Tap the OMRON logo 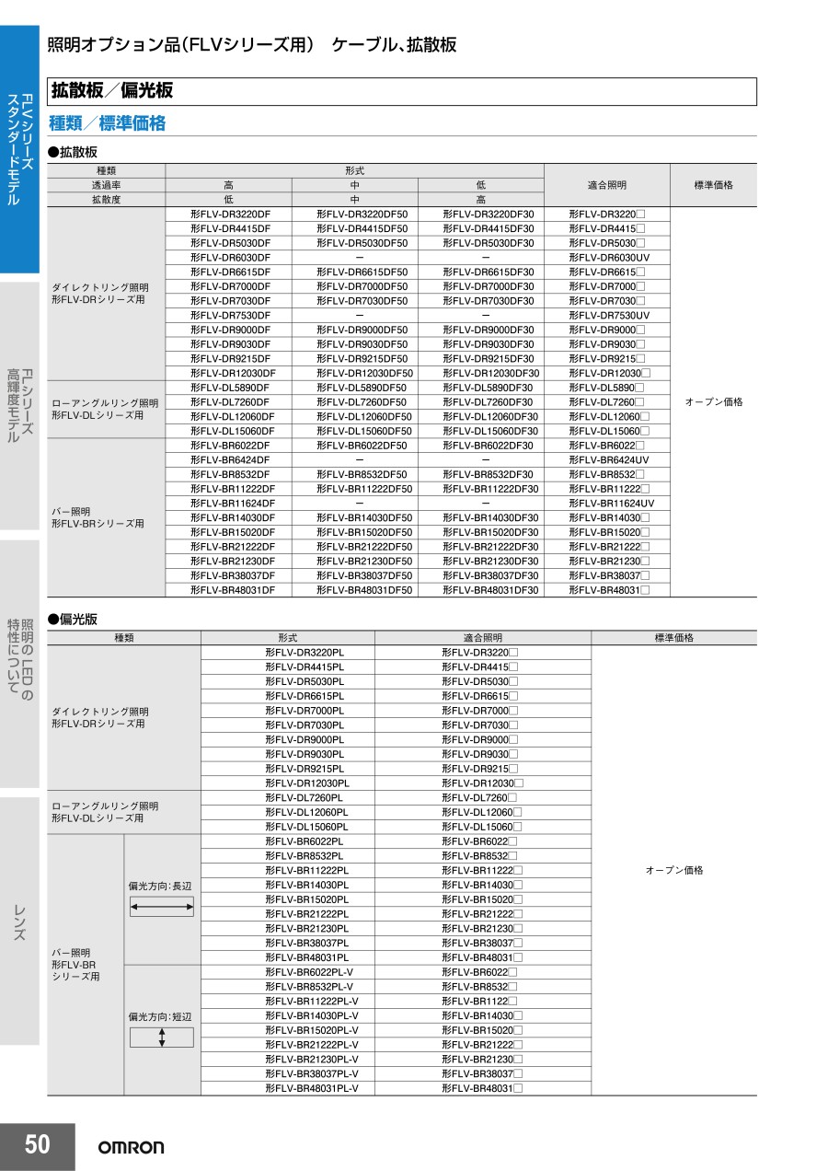(x=132, y=1147)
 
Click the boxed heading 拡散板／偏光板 (x=112, y=90)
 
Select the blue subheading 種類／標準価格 (x=107, y=123)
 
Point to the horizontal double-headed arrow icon (x=162, y=908)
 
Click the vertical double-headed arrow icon (x=162, y=1038)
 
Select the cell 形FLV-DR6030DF (x=230, y=258)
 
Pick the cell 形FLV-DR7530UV (x=609, y=316)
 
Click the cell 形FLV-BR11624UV (x=612, y=504)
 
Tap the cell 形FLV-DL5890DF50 (x=362, y=388)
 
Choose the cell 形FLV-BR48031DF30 (x=490, y=590)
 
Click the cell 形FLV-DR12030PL (x=306, y=783)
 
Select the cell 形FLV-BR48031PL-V (x=311, y=1088)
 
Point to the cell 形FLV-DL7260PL (x=304, y=797)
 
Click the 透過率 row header (x=106, y=185)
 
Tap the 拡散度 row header (x=106, y=200)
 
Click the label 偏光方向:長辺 (x=160, y=886)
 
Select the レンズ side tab (x=19, y=921)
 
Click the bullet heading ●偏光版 (x=72, y=620)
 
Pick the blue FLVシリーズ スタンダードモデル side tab (x=19, y=147)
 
